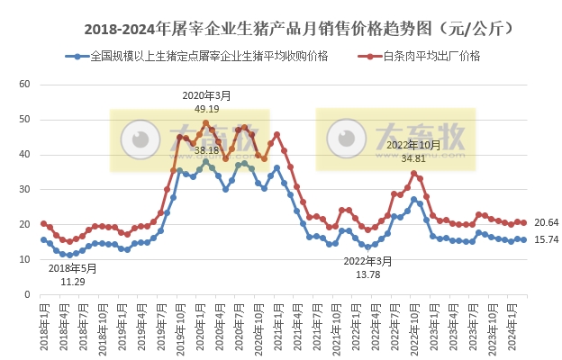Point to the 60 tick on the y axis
[25, 84]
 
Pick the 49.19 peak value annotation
[206, 108]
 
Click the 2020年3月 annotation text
[206, 94]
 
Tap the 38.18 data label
[206, 149]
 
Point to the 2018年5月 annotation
[73, 268]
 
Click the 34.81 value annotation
[413, 158]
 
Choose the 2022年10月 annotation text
[413, 145]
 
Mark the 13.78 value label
[368, 274]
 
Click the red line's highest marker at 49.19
[205, 122]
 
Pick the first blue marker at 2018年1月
[43, 239]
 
